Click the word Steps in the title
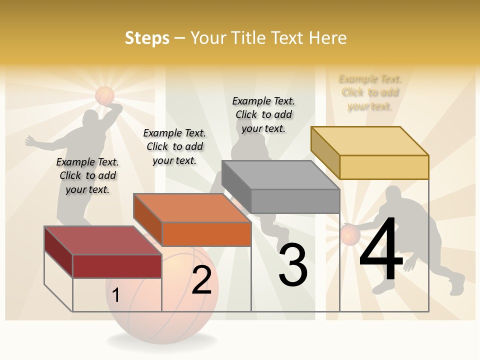(147, 38)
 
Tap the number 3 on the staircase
(293, 265)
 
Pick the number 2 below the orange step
(202, 280)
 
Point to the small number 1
(116, 295)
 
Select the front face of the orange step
(206, 234)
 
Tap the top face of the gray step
(280, 175)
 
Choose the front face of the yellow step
(384, 167)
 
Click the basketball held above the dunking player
(105, 95)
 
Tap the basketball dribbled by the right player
(350, 235)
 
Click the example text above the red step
(87, 175)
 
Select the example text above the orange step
(174, 146)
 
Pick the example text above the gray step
(263, 114)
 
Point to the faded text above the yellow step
(370, 92)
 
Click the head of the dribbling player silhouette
(393, 196)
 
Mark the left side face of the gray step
(236, 187)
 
